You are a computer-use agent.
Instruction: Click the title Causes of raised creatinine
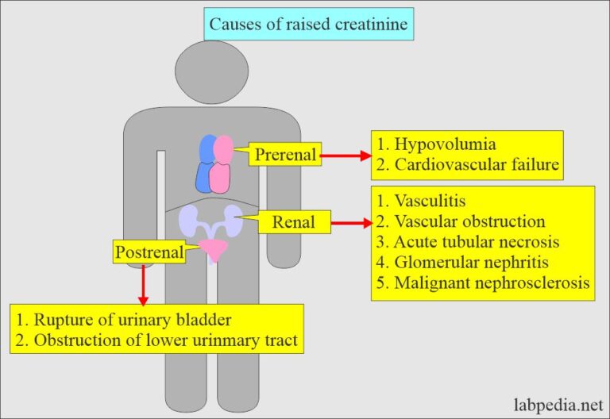click(x=307, y=24)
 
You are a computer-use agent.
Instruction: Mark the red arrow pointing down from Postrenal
click(x=143, y=285)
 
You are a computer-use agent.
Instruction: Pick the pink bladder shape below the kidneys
click(x=212, y=250)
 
